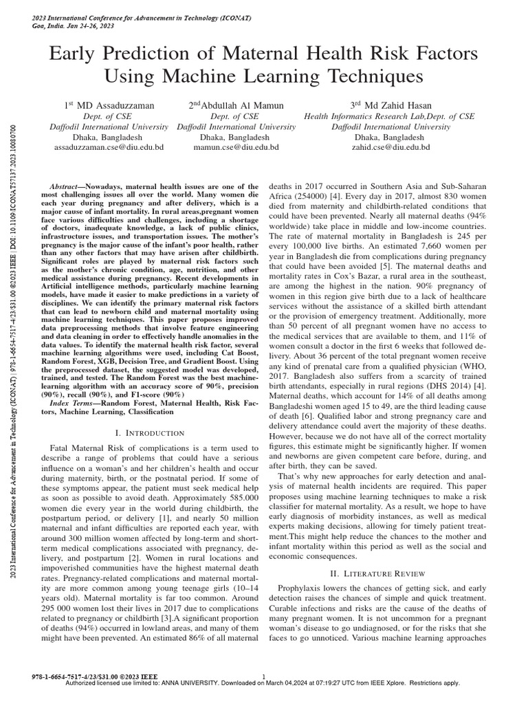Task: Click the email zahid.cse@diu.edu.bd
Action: pyautogui.click(x=390, y=147)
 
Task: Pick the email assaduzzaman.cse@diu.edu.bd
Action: pyautogui.click(x=109, y=147)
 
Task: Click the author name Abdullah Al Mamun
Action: pyautogui.click(x=236, y=106)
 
